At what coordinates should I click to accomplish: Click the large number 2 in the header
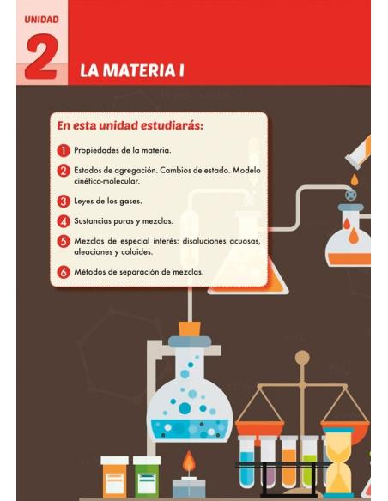pos(41,58)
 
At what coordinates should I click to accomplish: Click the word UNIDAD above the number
pos(41,18)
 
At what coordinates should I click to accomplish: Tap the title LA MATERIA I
pos(132,70)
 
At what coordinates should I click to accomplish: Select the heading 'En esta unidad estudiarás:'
pos(130,125)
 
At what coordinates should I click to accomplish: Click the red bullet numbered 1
pos(64,150)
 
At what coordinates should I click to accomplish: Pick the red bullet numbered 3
pos(64,202)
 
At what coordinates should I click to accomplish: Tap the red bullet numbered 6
pos(64,272)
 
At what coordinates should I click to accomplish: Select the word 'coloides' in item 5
pos(132,252)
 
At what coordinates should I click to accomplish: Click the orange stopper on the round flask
pos(189,328)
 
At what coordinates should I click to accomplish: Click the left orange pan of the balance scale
pos(259,426)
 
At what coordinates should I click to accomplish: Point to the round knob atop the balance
pos(302,357)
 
